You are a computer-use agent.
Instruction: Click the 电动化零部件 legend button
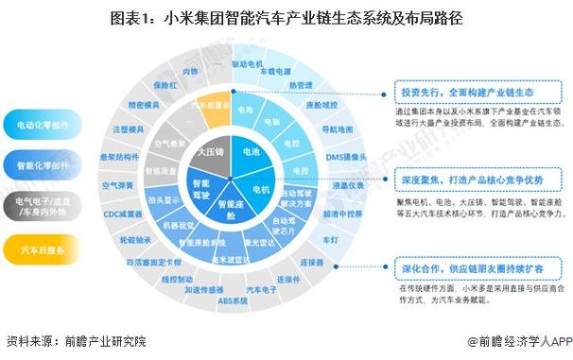tap(43, 125)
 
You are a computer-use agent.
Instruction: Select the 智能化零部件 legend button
tap(43, 165)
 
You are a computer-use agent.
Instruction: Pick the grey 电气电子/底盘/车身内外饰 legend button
tap(43, 207)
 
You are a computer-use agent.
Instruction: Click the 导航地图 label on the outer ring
tap(337, 129)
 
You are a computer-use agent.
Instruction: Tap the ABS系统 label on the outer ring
tap(234, 300)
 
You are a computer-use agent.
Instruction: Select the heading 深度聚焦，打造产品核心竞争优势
tap(466, 179)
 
